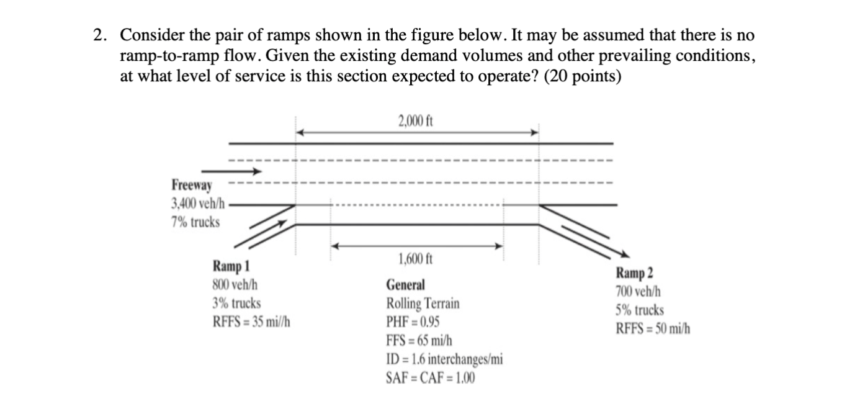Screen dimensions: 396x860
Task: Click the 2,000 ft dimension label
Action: [x=416, y=120]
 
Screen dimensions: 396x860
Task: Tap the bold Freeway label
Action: [x=192, y=185]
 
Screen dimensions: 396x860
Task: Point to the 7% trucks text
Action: [x=195, y=222]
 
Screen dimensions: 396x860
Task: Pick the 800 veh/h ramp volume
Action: [x=235, y=286]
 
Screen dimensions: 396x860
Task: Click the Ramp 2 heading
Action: [x=634, y=273]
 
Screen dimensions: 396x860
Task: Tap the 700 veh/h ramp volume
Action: [x=638, y=291]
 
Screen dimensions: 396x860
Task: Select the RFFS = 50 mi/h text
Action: [x=653, y=328]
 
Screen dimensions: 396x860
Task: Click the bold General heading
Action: [x=406, y=286]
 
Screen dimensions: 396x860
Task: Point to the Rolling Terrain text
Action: [x=423, y=304]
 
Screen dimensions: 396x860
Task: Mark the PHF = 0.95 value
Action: [x=414, y=322]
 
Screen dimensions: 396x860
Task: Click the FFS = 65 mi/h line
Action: [x=419, y=341]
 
